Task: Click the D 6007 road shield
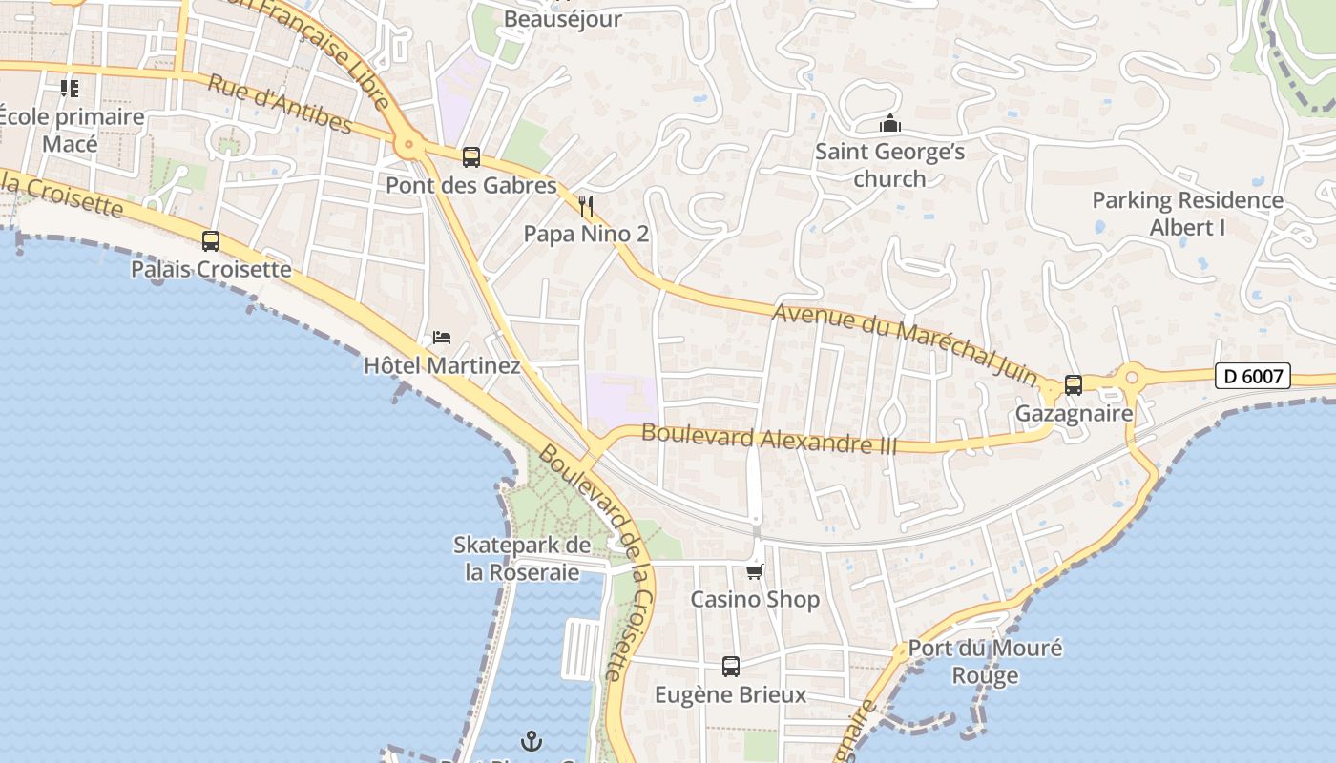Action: point(1253,376)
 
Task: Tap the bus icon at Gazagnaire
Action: point(1074,385)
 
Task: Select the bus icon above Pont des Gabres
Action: point(470,156)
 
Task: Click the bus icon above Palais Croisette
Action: point(211,241)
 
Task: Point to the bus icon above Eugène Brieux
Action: point(730,667)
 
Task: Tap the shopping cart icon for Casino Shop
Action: point(754,571)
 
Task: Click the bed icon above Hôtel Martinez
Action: point(442,338)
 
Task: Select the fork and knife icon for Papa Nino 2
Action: point(586,205)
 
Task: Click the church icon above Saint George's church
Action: point(889,124)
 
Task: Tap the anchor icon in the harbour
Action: point(531,740)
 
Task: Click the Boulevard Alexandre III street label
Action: point(769,438)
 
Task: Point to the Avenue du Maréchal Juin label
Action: point(905,343)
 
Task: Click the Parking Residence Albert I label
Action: point(1187,214)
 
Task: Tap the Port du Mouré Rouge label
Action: point(985,662)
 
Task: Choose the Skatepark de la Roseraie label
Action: point(521,559)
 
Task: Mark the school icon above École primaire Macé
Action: point(70,89)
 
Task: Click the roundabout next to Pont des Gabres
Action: point(409,146)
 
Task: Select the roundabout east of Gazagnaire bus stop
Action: point(1132,377)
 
